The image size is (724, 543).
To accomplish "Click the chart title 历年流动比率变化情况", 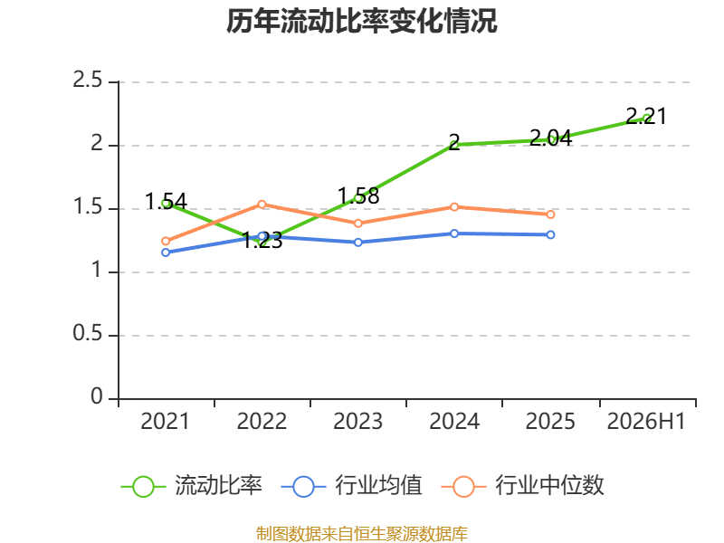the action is tap(361, 21).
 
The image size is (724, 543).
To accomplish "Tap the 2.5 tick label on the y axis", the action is tap(87, 80).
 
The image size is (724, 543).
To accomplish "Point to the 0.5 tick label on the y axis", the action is tap(87, 333).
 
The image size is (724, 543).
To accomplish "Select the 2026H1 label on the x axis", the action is tap(646, 421).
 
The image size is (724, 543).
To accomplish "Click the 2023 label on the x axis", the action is tap(357, 421).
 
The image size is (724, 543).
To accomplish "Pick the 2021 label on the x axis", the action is tap(165, 421).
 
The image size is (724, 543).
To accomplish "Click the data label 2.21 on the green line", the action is tap(646, 116).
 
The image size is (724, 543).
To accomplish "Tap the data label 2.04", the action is tap(550, 138).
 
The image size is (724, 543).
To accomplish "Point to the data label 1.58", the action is tap(358, 195).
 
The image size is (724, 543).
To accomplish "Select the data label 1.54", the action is tap(166, 201).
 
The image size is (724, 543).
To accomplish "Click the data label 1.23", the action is tap(262, 240).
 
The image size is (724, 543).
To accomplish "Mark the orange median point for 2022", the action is tap(262, 205).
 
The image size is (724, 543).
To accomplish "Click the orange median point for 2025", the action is tap(550, 214).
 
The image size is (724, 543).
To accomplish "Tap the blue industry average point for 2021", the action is tap(166, 252).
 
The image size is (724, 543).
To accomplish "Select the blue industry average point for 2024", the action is tap(454, 233).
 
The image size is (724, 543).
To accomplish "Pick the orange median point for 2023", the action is tap(357, 224).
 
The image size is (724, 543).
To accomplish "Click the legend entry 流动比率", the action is tap(191, 486).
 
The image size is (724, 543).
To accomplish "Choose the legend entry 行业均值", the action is tap(351, 486).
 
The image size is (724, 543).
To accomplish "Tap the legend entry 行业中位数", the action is tap(523, 486).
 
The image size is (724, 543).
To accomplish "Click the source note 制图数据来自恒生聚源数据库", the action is tap(362, 534).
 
